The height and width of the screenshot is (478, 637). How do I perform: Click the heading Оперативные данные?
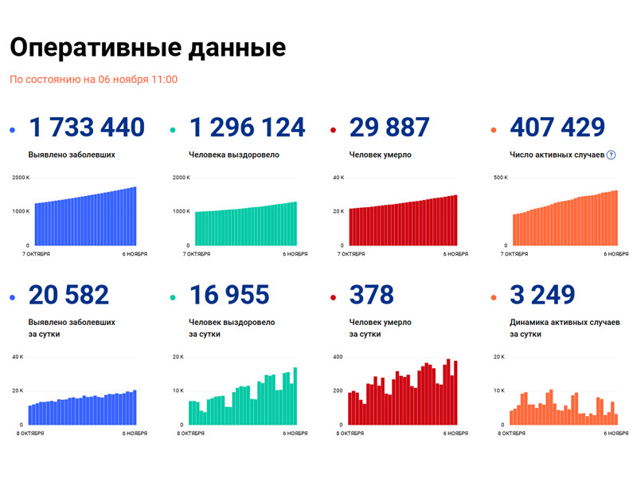147,47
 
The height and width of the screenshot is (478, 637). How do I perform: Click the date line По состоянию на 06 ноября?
93,80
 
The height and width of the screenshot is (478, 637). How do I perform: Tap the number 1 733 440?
87,127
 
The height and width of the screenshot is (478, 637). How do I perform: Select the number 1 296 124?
247,127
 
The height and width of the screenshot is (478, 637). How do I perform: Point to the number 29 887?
389,127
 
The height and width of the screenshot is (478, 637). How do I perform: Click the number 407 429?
557,127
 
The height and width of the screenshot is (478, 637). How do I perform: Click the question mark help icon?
611,155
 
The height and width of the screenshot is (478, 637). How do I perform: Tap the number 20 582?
68,296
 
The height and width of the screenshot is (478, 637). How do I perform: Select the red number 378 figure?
371,296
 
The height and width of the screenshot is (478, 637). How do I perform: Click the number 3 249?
542,296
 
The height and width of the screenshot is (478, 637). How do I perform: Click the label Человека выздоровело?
234,155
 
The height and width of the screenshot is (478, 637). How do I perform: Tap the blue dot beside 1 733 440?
12,129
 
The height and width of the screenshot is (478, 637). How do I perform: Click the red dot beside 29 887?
333,129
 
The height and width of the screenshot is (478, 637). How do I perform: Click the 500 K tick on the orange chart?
501,177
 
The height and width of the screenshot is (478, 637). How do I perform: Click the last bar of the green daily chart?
295,396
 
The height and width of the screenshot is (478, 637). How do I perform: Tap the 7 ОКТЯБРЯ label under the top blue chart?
36,253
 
